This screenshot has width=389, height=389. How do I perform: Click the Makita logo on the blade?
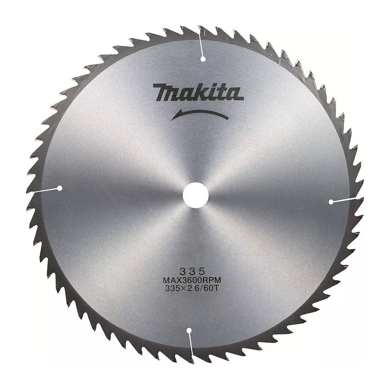click(x=198, y=92)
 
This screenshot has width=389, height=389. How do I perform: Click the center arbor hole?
click(x=196, y=196)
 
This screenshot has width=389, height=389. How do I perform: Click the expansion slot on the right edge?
click(x=346, y=201)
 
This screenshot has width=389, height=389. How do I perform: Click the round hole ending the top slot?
click(x=203, y=58)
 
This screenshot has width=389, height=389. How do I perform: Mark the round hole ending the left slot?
click(x=59, y=188)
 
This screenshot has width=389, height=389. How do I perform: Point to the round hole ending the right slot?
click(x=332, y=202)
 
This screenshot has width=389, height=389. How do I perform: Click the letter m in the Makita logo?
click(x=165, y=93)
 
